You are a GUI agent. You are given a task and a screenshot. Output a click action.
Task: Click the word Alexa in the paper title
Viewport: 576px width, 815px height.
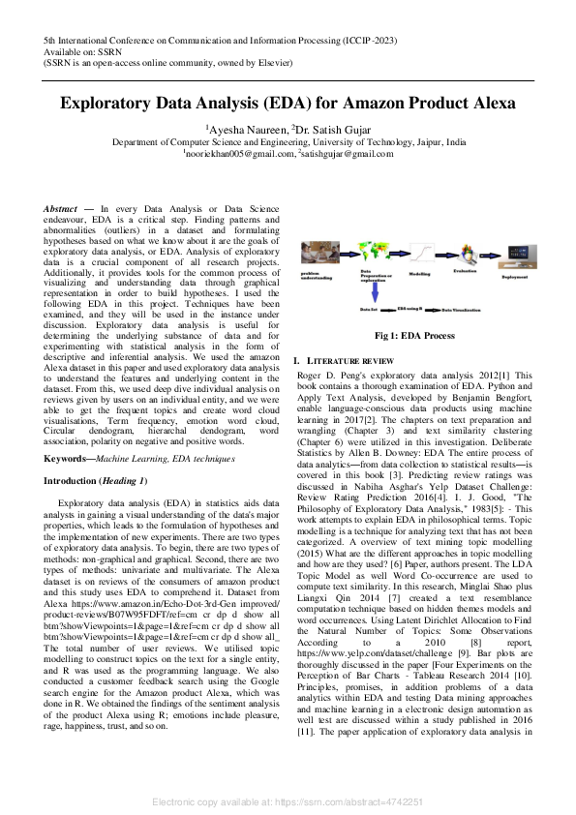tap(490, 104)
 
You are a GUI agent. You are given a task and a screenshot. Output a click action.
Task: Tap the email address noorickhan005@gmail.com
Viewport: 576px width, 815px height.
tap(237, 153)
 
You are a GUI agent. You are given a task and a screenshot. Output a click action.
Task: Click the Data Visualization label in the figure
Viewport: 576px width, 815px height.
tap(468, 310)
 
